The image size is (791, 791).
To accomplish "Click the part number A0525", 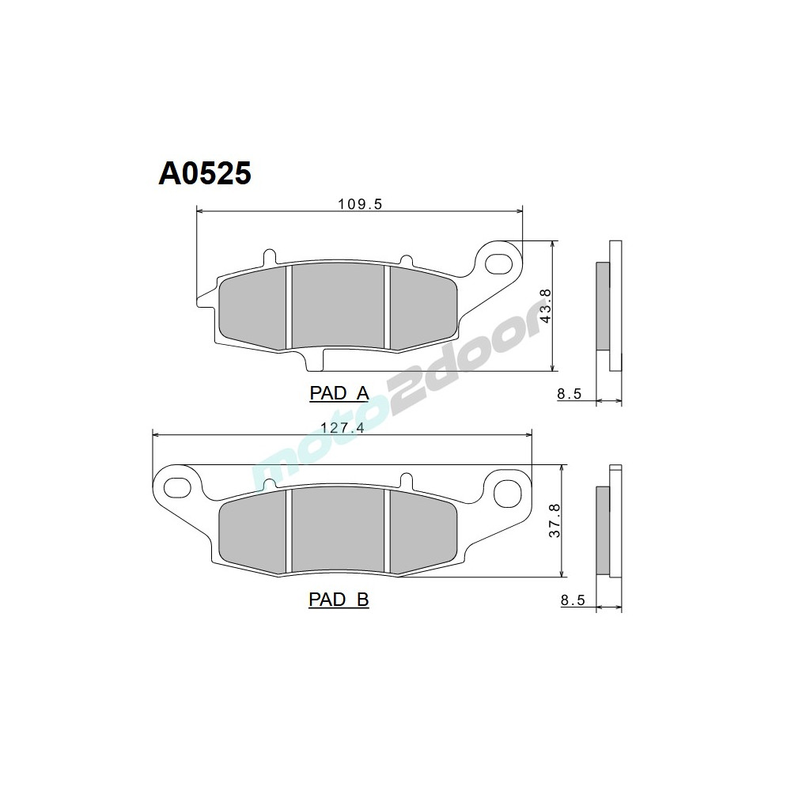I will coord(205,172).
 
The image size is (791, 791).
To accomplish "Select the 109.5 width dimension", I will coord(360,204).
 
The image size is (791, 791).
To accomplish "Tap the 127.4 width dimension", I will coord(343,428).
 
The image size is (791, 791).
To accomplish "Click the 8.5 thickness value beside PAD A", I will coord(570,394).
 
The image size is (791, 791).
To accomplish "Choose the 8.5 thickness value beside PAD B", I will coord(572,600).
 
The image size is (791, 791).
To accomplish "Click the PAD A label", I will coord(339,394).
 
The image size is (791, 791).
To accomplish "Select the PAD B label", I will coord(339,600).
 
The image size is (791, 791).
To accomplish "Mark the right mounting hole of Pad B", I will coord(504,492).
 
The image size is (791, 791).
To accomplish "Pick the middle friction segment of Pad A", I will coord(338,307).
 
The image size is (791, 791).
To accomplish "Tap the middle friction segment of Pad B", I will coord(338,532).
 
